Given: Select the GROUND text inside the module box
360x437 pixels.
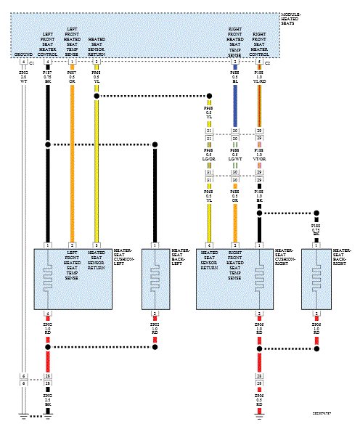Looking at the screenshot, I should [23, 54].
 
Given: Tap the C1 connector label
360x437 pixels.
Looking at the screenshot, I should [32, 64].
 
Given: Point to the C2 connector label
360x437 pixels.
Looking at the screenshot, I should [268, 64].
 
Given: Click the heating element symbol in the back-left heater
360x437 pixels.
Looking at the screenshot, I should [154, 279].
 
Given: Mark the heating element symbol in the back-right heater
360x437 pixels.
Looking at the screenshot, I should [316, 279].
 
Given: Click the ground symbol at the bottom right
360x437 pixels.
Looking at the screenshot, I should [259, 417].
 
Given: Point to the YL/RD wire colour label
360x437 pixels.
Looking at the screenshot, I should [259, 82].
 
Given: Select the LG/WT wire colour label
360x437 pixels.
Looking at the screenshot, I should [234, 158].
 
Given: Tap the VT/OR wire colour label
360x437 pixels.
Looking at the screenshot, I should [259, 158].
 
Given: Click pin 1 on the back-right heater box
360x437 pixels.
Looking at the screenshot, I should [316, 245].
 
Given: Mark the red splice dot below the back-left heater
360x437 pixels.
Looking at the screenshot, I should [154, 348].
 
